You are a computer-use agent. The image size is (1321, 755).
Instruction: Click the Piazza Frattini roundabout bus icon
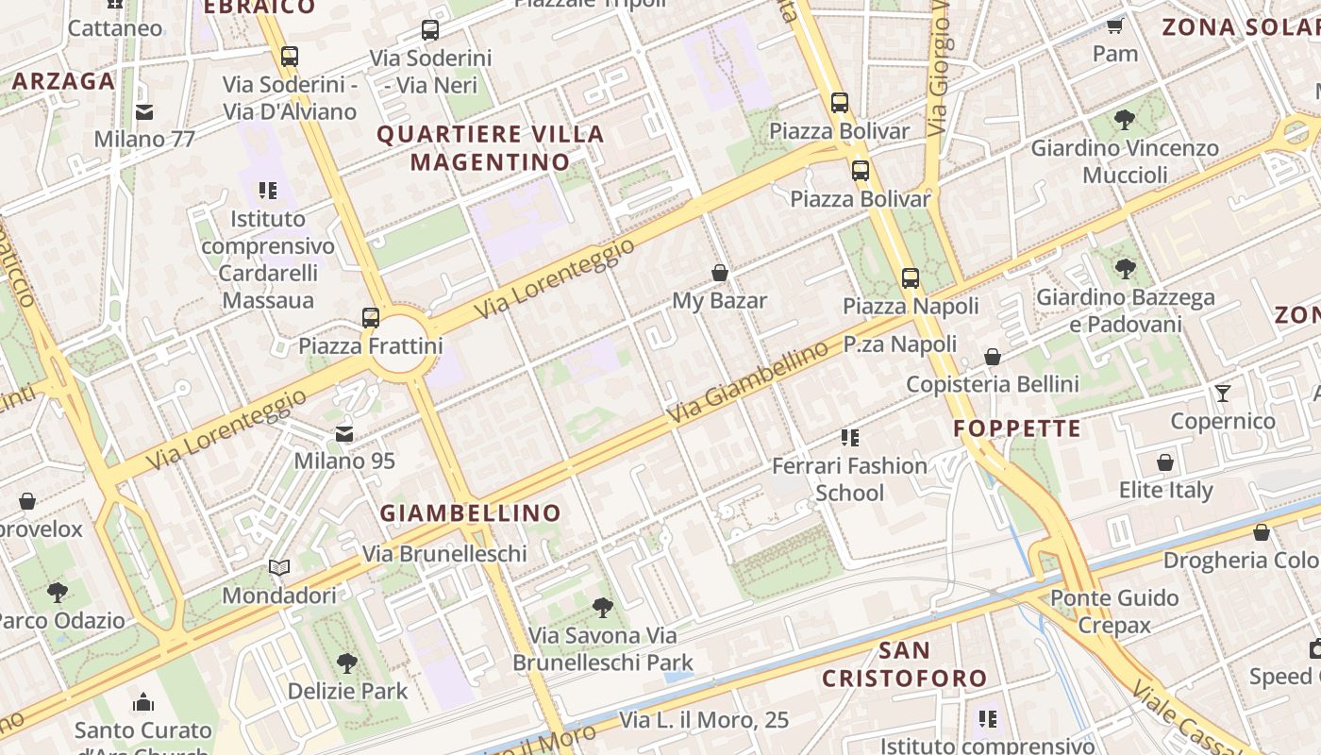tap(371, 317)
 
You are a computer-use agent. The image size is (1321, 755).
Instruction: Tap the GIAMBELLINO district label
tap(470, 513)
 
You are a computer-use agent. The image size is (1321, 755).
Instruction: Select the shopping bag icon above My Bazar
tap(720, 273)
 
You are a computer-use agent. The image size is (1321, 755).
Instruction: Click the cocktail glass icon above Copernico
tap(1223, 393)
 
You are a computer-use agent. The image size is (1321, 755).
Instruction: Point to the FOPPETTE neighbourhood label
tap(1017, 428)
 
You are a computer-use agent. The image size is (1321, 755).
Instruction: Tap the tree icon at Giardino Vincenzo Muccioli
tap(1124, 120)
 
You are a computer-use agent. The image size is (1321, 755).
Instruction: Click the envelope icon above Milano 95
tap(344, 434)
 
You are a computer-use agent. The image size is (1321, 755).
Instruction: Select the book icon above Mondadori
tap(278, 567)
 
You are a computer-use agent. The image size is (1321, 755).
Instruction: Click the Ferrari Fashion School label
tap(849, 478)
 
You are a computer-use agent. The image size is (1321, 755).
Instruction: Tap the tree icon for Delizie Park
tap(347, 663)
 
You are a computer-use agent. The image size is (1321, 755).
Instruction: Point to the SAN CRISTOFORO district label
tap(904, 664)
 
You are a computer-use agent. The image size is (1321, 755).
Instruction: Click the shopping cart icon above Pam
tap(1114, 25)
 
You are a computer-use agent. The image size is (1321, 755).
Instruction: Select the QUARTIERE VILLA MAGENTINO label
tap(491, 148)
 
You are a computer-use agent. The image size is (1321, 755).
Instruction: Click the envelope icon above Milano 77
tap(144, 112)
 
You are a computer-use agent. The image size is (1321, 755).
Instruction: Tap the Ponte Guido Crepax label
tap(1114, 611)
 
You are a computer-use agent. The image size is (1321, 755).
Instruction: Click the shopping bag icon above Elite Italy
tap(1165, 462)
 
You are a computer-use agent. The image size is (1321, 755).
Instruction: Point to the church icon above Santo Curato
tap(143, 702)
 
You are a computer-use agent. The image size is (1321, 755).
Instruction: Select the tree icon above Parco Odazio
tap(58, 593)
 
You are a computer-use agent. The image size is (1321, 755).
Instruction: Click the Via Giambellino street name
tap(747, 384)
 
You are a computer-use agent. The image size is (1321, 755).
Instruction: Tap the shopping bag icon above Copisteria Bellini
tap(993, 357)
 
